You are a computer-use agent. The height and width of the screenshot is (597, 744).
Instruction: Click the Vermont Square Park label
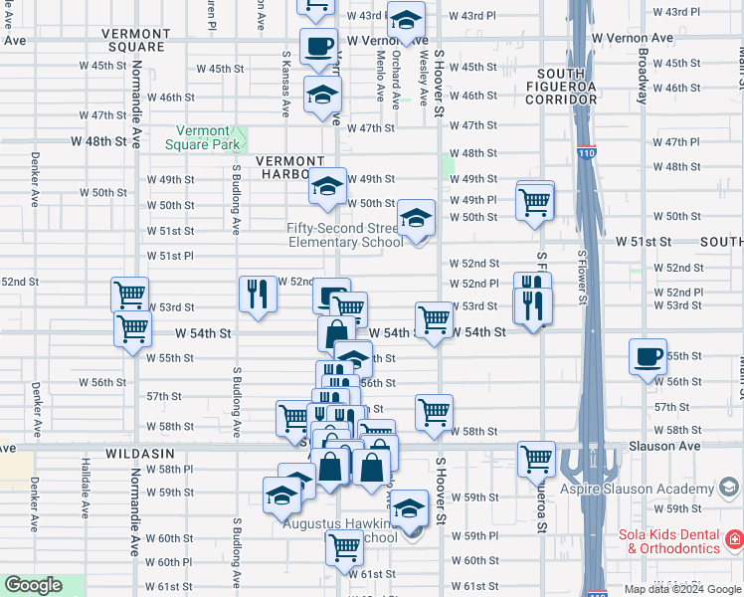209,137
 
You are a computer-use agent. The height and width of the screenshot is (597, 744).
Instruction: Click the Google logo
33,585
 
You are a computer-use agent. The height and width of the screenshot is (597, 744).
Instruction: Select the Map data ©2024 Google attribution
681,589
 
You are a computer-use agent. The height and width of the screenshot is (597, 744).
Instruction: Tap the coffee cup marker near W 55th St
648,356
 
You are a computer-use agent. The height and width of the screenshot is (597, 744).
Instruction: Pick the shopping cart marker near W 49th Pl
535,202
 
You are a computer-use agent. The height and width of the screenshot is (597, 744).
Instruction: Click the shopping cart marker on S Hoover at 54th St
434,319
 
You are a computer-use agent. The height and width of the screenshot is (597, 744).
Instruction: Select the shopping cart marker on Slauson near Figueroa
536,459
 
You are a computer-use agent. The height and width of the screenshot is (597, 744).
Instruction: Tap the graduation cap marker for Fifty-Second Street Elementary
416,217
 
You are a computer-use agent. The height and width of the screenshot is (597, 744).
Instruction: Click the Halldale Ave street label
87,486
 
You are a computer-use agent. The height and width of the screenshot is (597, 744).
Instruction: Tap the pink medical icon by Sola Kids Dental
734,540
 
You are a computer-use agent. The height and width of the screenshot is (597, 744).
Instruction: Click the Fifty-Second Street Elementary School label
345,235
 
